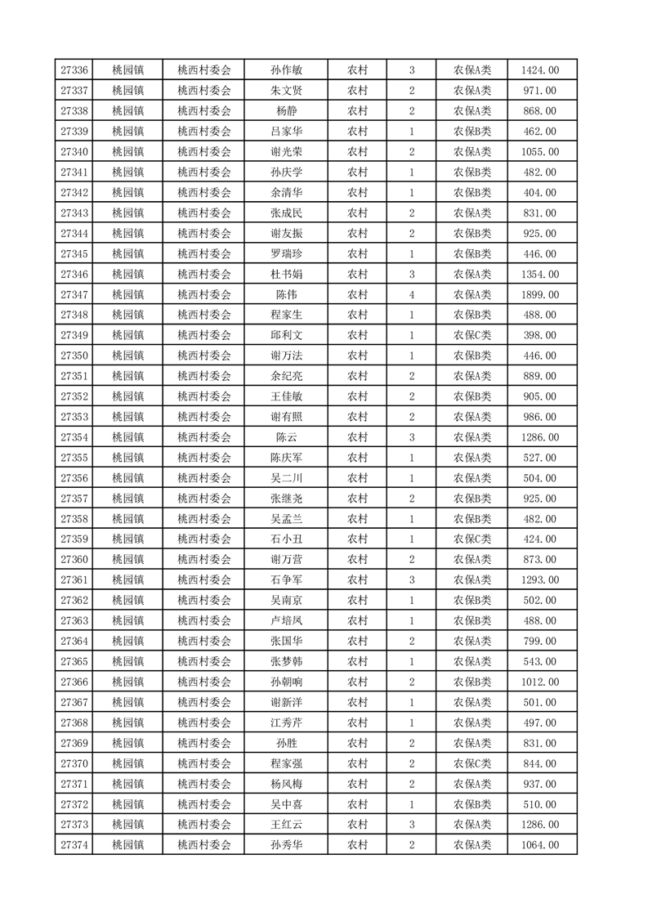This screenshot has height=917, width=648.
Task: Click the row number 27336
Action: pyautogui.click(x=74, y=70)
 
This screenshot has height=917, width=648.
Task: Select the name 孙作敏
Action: pyautogui.click(x=287, y=70)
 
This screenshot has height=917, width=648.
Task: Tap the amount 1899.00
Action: pyautogui.click(x=540, y=294)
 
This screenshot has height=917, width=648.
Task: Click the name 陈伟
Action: pyautogui.click(x=287, y=294)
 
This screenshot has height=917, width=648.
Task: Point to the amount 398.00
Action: pyautogui.click(x=540, y=335)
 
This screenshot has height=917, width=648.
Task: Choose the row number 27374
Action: pyautogui.click(x=74, y=845)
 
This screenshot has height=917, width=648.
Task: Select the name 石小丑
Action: pyautogui.click(x=287, y=539)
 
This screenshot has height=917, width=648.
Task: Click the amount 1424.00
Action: pyautogui.click(x=540, y=70)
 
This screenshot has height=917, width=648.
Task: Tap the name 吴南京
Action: pyautogui.click(x=287, y=601)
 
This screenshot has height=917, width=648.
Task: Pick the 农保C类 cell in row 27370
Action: pyautogui.click(x=472, y=763)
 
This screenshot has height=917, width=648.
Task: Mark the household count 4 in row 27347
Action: pyautogui.click(x=412, y=294)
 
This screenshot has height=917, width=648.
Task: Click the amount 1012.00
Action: pyautogui.click(x=540, y=682)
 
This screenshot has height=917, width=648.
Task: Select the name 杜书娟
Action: pyautogui.click(x=287, y=274)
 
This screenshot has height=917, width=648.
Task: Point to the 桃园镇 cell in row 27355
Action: pyautogui.click(x=127, y=458)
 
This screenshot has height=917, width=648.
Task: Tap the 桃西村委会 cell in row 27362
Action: pyautogui.click(x=204, y=601)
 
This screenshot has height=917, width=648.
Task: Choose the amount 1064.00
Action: pyautogui.click(x=540, y=845)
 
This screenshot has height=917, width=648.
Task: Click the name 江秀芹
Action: pyautogui.click(x=287, y=722)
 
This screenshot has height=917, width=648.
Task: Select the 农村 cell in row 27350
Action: pyautogui.click(x=357, y=356)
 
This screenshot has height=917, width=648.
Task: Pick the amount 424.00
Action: pyautogui.click(x=540, y=539)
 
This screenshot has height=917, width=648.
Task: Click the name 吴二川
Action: pyautogui.click(x=287, y=478)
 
